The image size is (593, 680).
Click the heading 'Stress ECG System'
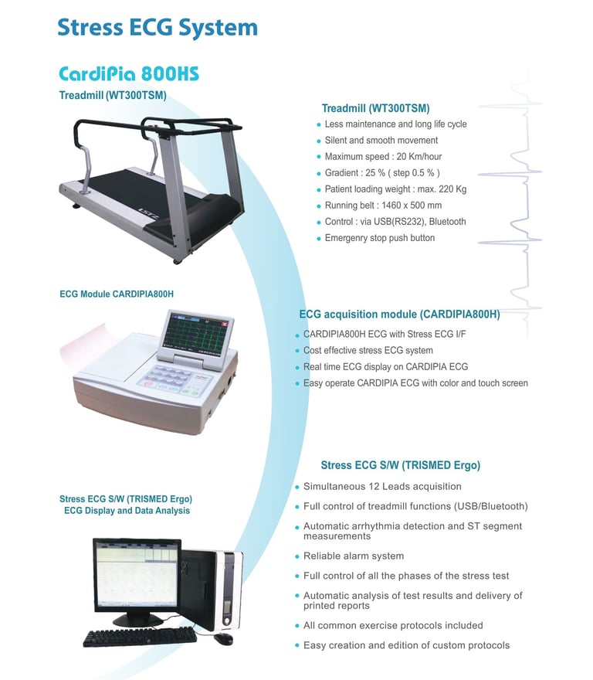(157, 28)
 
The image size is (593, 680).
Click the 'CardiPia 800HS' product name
(129, 74)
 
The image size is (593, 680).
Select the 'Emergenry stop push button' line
(379, 238)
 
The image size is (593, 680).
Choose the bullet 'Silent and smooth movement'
(381, 141)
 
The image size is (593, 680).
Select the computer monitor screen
(137, 575)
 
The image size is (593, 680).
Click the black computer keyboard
(139, 636)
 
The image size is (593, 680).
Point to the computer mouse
(225, 639)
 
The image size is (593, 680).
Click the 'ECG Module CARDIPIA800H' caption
(117, 294)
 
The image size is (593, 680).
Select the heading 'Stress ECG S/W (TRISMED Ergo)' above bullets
(400, 465)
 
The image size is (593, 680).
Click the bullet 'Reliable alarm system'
(353, 556)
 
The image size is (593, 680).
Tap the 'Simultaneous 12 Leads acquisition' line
(382, 487)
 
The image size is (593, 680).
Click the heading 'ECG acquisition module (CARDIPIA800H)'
(399, 314)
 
